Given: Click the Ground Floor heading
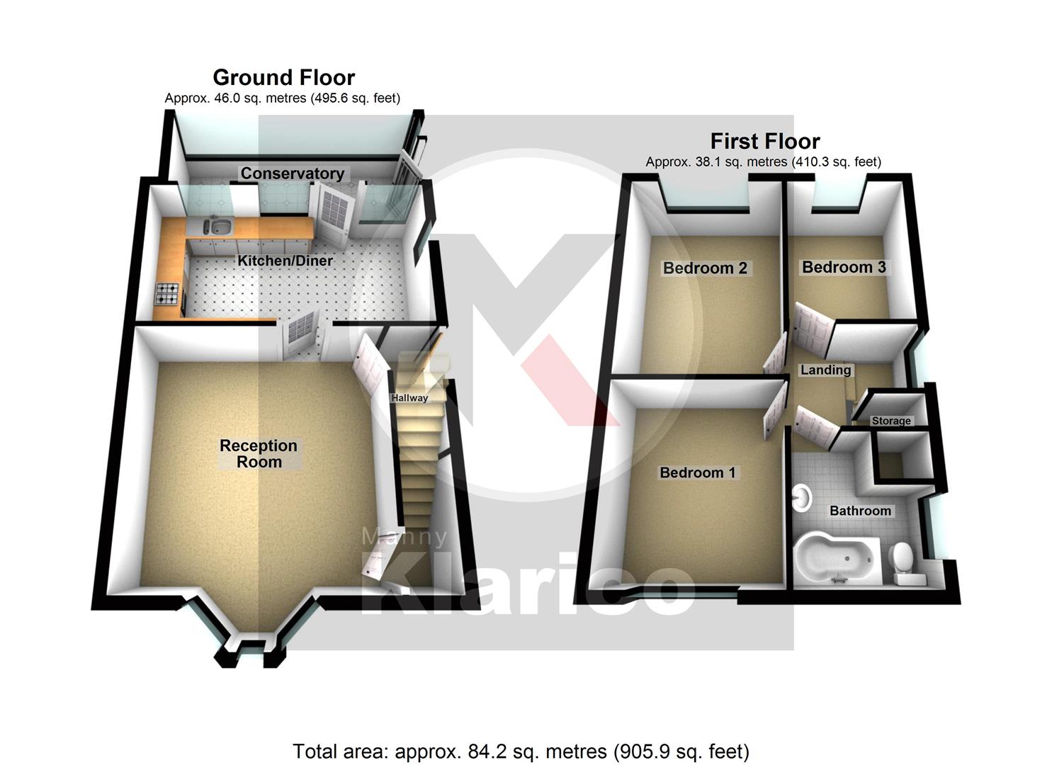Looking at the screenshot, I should [x=283, y=77].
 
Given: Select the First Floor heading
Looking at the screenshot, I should [x=765, y=141].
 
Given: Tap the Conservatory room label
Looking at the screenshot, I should [x=292, y=174].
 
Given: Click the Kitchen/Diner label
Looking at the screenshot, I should [x=285, y=261].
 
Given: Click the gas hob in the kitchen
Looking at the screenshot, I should [x=168, y=292].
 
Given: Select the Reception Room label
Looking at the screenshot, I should [x=259, y=453].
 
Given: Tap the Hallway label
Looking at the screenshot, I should [x=409, y=398].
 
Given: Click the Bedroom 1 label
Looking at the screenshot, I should [x=698, y=472].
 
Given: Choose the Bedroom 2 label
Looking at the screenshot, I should [x=705, y=268].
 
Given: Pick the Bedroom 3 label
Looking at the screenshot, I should [x=844, y=267].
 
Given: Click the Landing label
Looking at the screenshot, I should [x=825, y=370].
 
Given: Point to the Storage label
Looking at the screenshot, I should [x=891, y=421].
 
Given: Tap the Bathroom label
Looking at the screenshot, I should [x=860, y=511].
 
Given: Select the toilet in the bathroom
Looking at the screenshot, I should [x=904, y=560].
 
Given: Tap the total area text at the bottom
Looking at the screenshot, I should [x=521, y=751].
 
